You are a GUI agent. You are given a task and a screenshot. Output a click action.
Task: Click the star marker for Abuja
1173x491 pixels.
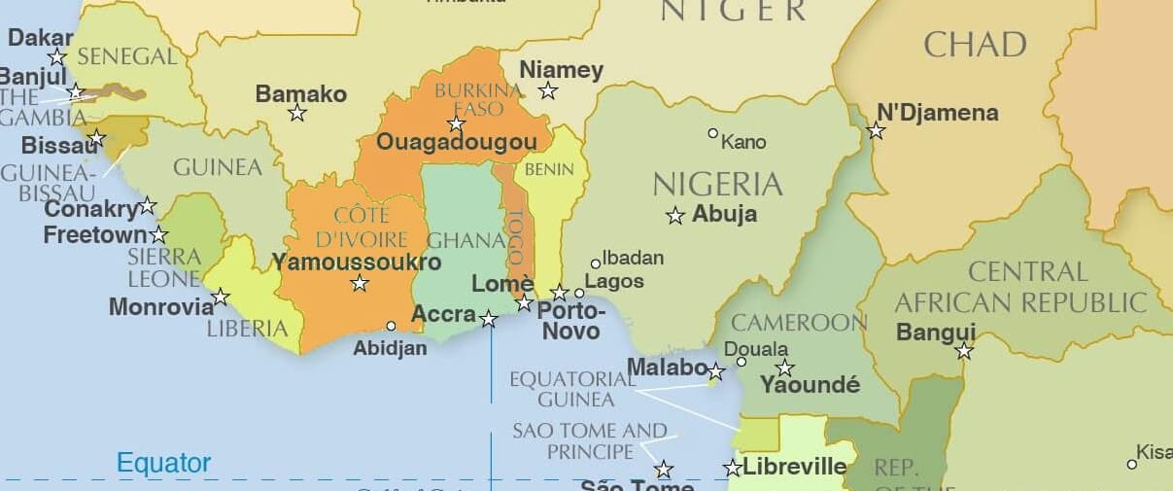point(675,216)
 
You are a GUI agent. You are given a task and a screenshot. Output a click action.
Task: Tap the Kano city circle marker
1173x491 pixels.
point(712,133)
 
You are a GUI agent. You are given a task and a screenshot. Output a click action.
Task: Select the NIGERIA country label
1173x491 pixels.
point(717,184)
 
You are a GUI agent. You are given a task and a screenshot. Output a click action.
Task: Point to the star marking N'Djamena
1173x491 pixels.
point(876,130)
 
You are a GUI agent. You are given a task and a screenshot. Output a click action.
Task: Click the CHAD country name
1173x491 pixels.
point(975,45)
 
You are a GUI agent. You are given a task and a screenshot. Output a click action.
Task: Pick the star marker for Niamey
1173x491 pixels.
point(548,90)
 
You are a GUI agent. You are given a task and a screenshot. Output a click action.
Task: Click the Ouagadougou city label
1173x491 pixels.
point(456,143)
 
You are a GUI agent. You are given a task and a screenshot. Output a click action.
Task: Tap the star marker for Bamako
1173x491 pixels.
point(297,113)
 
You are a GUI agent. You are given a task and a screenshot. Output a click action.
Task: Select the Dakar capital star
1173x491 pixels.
point(57,56)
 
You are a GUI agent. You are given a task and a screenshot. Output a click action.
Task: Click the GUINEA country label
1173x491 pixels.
point(218,167)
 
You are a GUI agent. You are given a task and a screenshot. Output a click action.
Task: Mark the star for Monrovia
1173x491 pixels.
point(221,297)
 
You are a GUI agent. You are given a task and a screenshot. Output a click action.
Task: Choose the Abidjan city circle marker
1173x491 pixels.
point(391,326)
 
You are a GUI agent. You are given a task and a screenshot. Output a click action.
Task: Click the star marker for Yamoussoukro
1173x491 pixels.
point(360,283)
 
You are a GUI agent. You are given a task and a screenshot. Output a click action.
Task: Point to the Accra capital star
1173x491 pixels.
point(488,318)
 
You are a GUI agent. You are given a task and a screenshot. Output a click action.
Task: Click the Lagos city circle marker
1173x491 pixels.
point(579,293)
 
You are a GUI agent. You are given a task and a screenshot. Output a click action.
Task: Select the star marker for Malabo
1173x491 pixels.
point(715,371)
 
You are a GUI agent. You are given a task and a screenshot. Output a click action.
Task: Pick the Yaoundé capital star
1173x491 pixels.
point(784,368)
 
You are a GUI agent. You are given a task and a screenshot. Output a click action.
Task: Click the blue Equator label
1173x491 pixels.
point(163,463)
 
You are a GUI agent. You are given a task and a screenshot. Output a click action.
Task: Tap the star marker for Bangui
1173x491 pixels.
point(963,351)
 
